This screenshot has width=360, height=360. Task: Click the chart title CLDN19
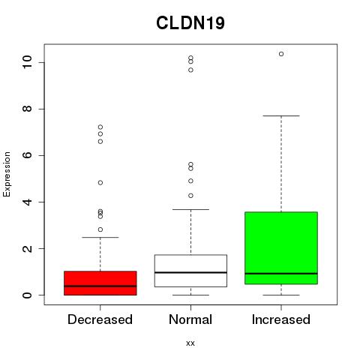(190, 23)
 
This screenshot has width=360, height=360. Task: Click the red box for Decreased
(100, 283)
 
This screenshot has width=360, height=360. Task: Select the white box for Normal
(190, 271)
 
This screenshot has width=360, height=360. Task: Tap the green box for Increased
(281, 248)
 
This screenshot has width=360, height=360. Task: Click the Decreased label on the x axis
(100, 319)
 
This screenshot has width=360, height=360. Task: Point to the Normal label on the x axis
(190, 319)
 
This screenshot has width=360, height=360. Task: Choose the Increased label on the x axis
(281, 319)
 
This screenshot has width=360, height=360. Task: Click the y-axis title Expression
(7, 174)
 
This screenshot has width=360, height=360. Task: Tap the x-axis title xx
(190, 343)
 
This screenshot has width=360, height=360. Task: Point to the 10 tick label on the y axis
(27, 62)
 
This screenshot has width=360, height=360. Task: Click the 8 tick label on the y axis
(27, 109)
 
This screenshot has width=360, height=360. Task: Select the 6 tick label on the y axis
(27, 155)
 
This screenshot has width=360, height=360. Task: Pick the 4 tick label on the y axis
(27, 202)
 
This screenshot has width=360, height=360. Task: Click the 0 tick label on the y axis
(27, 295)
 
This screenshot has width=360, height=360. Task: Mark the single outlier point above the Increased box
(281, 54)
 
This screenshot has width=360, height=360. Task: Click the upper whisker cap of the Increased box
(281, 115)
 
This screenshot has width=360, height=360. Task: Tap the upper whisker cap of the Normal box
(190, 209)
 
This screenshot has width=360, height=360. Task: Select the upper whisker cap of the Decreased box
(100, 237)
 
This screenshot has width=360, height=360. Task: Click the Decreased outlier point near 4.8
(100, 183)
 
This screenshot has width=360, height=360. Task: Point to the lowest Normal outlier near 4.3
(190, 196)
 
